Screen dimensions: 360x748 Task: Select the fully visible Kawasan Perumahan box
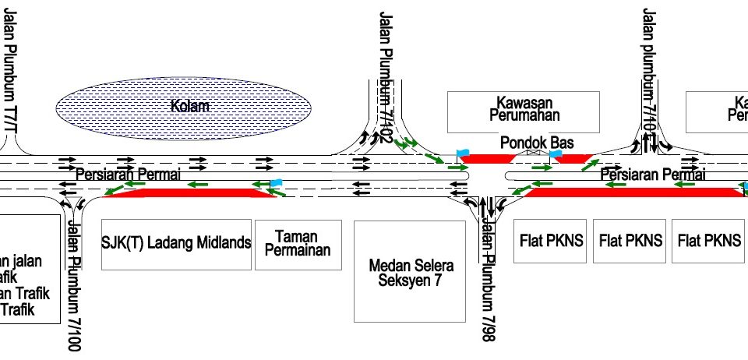[x=523, y=111]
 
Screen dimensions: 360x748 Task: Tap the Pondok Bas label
[x=537, y=143]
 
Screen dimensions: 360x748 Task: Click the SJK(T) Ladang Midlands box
[x=177, y=244]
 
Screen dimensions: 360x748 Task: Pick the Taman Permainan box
[x=298, y=244]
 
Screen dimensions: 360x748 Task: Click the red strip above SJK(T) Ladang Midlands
[x=187, y=192]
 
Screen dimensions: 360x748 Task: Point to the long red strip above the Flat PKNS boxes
[x=631, y=192]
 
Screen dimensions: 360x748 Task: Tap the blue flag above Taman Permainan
[x=275, y=183]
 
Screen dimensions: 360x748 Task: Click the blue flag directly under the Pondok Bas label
[x=555, y=154]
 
